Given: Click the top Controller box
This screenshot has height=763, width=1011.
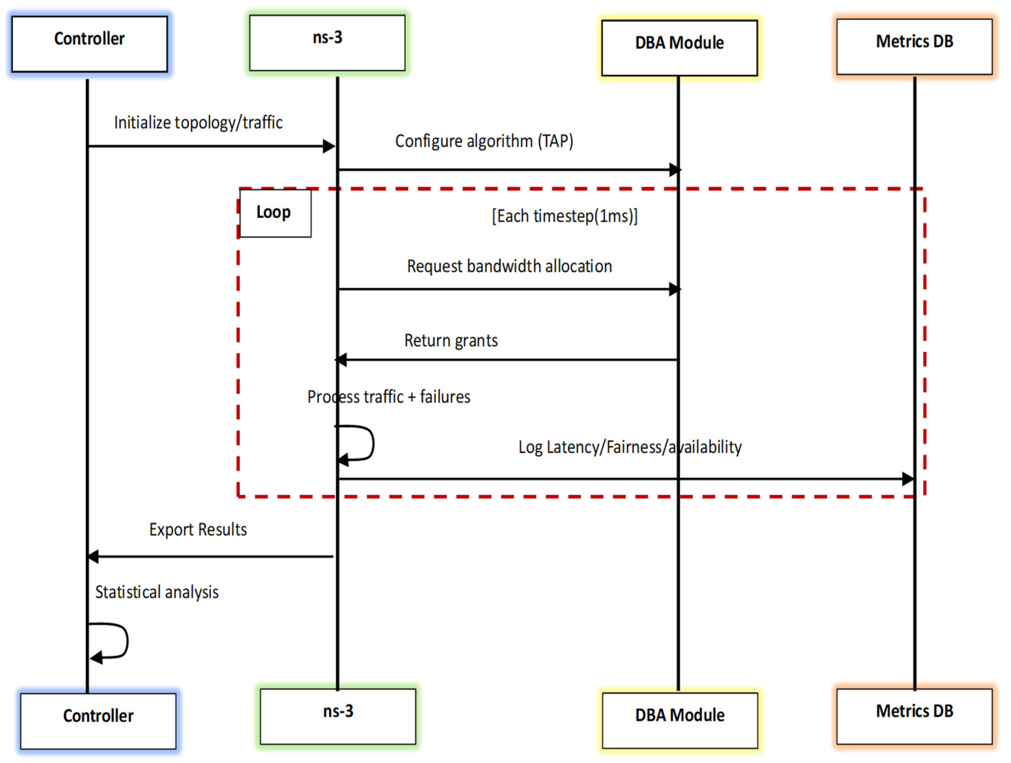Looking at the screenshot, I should point(90,44).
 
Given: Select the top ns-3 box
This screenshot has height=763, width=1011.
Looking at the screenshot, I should point(327,43).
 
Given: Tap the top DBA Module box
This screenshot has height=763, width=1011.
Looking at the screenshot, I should point(680,48).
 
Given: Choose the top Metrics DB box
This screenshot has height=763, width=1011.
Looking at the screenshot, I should point(915,47).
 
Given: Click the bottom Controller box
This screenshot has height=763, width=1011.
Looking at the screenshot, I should point(98,721).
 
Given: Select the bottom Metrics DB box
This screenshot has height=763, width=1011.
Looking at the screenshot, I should point(915,716).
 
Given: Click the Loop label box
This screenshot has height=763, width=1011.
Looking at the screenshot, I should point(275,213).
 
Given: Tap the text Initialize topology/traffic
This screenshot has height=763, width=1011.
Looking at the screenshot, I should point(198,122).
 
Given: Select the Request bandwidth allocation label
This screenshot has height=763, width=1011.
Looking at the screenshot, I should point(510,266).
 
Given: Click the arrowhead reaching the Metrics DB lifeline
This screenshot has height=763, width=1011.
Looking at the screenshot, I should point(908,479).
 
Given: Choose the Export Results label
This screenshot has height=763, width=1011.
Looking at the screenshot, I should point(198,530).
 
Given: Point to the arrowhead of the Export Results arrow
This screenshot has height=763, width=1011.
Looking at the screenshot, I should point(93,557).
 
